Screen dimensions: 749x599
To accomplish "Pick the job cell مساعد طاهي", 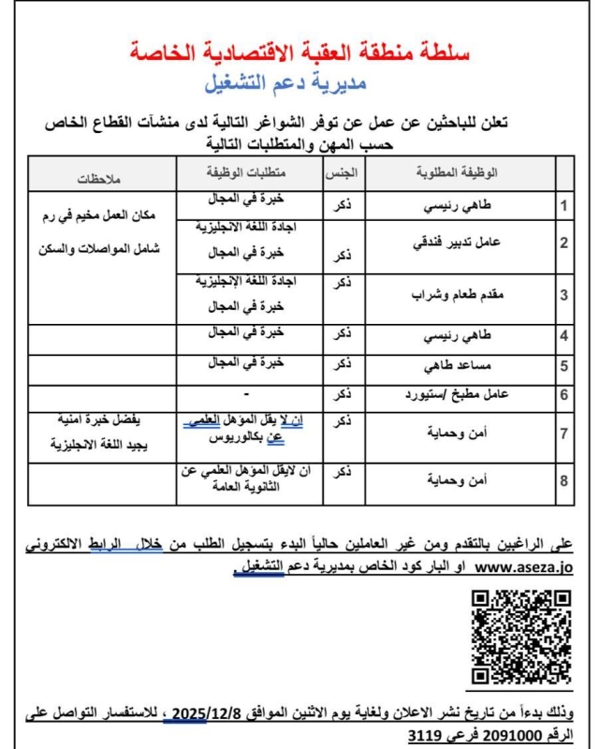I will tap(461, 364).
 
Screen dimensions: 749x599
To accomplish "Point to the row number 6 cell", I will tap(563, 393).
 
